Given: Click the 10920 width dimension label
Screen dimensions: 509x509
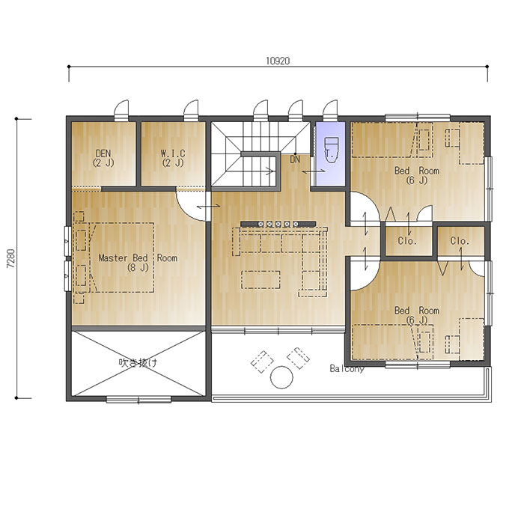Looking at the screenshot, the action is [278, 61].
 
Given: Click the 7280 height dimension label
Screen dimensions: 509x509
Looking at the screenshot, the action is [11, 258].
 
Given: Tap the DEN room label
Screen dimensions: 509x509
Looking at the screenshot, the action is [103, 158].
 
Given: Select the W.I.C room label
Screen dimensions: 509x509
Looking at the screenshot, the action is [173, 158].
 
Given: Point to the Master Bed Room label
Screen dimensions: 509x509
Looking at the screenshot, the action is [138, 263].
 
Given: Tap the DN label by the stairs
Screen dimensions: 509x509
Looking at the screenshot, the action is [295, 159].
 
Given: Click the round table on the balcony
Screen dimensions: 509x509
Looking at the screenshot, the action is [281, 377].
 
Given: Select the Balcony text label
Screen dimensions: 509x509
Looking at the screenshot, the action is [347, 368].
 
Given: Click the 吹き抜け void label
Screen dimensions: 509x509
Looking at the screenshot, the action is [138, 362].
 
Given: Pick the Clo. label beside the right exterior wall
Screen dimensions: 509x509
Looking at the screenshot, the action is [460, 241].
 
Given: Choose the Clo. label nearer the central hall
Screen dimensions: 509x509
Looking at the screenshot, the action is [407, 241].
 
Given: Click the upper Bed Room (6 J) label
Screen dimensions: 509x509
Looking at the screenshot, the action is [417, 175].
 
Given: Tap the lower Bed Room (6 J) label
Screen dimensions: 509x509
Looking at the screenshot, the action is [417, 315].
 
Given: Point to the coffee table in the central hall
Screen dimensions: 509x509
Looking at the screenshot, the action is [260, 279].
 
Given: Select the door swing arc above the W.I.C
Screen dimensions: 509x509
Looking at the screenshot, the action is [192, 107].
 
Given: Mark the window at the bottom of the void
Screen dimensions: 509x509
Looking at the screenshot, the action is [139, 399].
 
